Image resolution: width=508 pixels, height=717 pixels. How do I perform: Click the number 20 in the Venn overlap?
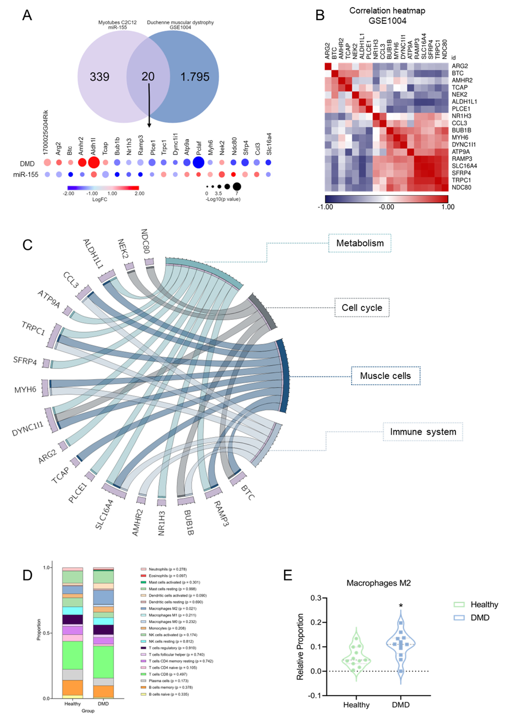point(148,76)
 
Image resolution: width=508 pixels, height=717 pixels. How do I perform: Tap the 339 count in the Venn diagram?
point(99,77)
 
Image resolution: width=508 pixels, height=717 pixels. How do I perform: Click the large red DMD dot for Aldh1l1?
point(94,162)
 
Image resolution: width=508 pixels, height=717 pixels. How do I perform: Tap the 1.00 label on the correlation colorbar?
point(448,207)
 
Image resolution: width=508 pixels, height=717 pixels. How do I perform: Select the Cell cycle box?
point(362,308)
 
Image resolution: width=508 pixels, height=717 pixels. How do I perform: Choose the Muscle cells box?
point(385,376)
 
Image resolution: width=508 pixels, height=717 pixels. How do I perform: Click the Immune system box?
point(423,432)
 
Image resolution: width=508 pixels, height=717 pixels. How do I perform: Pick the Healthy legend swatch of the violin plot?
point(459,604)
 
